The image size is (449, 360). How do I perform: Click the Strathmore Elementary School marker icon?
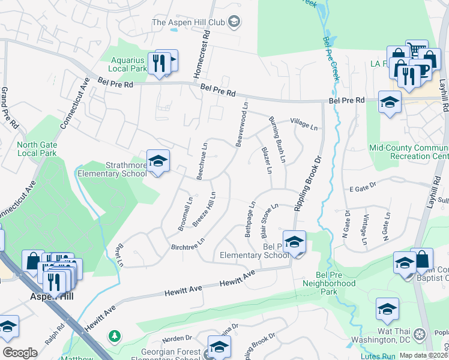[x=158, y=161]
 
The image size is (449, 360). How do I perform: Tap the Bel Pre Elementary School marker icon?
[x=294, y=242]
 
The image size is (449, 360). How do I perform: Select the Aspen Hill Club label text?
[x=187, y=22]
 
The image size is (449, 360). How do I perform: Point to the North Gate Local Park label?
[x=37, y=149]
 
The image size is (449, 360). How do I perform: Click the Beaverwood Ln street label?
[x=242, y=125]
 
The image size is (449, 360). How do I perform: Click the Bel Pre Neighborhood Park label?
[x=330, y=288]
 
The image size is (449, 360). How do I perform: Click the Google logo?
[x=20, y=353]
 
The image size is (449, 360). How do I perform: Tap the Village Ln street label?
[x=303, y=124]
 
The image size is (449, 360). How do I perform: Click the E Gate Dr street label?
[x=363, y=187]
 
